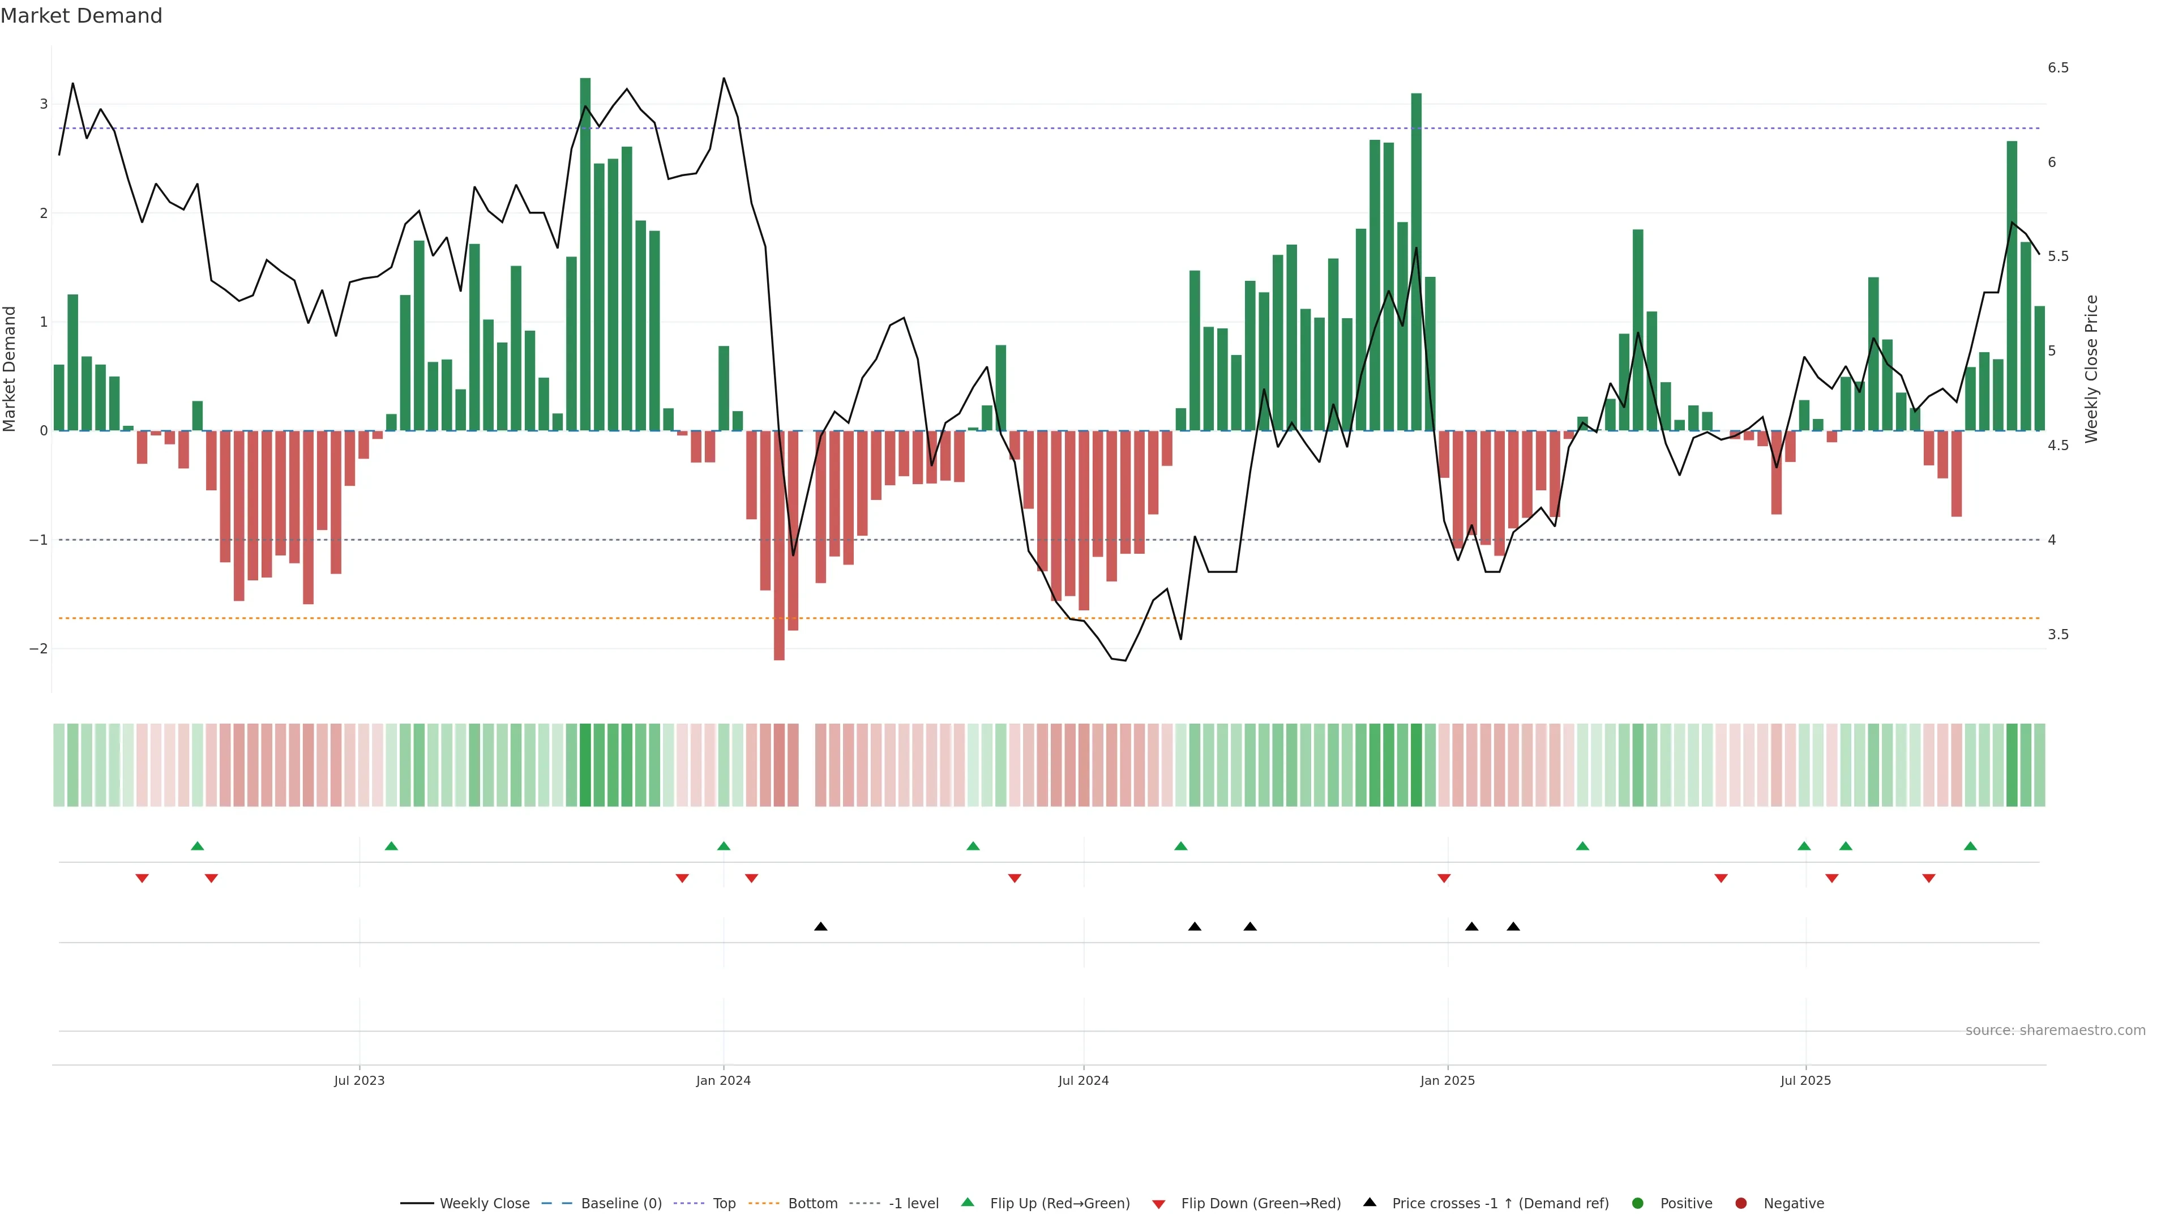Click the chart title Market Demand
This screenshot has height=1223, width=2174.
coord(81,16)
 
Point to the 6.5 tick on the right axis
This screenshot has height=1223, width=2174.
coord(2057,67)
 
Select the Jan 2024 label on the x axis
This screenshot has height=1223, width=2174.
coord(724,1080)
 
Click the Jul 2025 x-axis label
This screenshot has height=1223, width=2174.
coord(1805,1080)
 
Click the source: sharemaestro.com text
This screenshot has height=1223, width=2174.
coord(2055,1030)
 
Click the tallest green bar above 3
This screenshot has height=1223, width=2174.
coord(585,253)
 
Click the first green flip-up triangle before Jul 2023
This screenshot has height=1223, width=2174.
coord(198,846)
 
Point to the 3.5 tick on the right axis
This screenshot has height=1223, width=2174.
coord(2057,635)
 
